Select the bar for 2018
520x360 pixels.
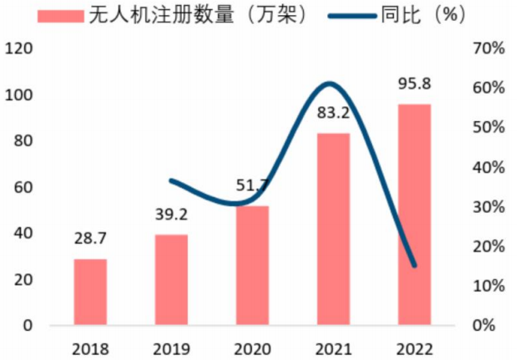(90, 292)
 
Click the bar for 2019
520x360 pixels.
(171, 280)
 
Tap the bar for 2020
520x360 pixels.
(252, 265)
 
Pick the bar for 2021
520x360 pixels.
(333, 229)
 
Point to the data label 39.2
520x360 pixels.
(171, 215)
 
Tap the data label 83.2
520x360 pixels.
(333, 114)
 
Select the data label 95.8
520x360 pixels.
(414, 84)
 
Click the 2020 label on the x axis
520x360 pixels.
(252, 346)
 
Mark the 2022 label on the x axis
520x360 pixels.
(414, 346)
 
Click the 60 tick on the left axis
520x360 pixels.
(23, 187)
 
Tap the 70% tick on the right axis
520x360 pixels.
(488, 48)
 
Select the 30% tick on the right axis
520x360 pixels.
(488, 207)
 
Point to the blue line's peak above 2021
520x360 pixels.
(329, 84)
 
